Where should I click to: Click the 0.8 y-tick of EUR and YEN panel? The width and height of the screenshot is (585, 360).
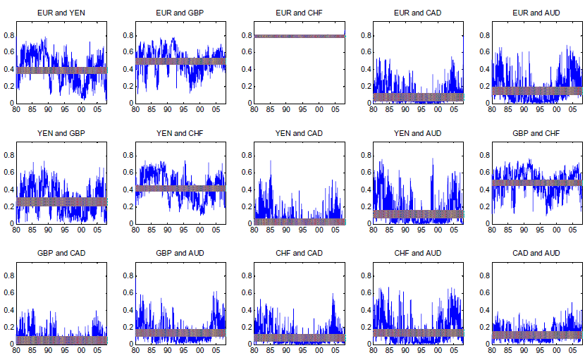click(8, 35)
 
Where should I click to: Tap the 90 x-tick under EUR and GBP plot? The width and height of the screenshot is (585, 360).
click(167, 110)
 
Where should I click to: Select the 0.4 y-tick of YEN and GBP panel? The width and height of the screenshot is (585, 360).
click(8, 190)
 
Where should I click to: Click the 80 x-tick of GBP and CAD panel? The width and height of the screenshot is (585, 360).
click(16, 350)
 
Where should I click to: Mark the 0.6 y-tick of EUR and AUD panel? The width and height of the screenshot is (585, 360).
click(484, 51)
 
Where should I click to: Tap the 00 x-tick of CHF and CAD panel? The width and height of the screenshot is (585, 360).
click(319, 350)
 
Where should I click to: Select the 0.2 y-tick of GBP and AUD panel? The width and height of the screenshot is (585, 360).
click(128, 327)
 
